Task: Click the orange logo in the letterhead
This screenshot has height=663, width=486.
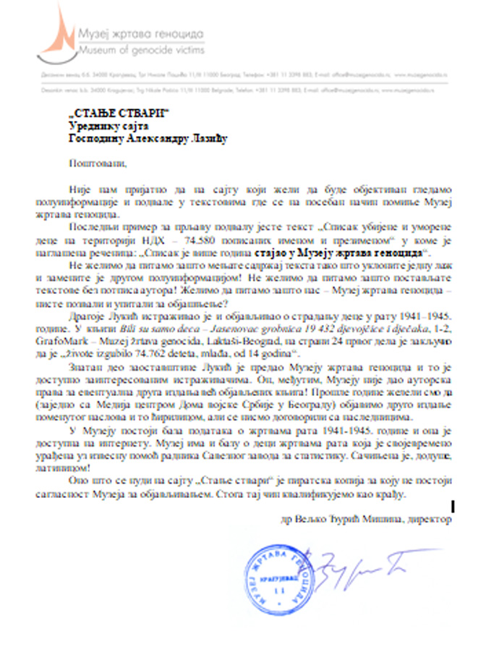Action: (x=59, y=33)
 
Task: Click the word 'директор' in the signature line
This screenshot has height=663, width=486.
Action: (x=429, y=519)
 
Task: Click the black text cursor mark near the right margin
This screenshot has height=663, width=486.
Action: (x=453, y=506)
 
